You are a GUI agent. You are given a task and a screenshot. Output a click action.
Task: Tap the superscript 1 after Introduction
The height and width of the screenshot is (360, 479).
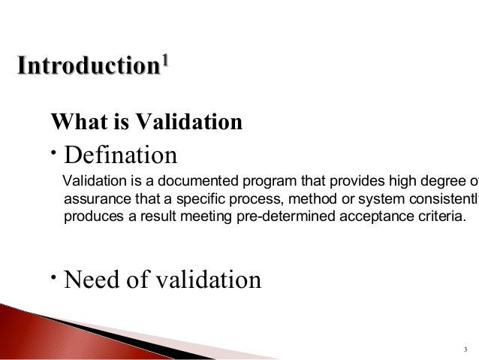pyautogui.click(x=164, y=59)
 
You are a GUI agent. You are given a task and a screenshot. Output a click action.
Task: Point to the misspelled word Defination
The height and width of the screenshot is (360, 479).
pyautogui.click(x=121, y=156)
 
